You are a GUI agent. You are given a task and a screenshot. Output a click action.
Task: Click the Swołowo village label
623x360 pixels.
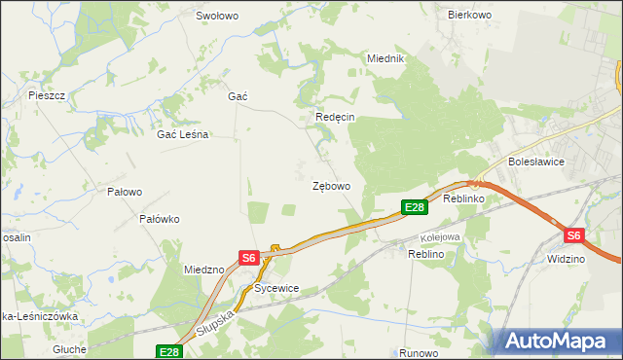tap(217, 16)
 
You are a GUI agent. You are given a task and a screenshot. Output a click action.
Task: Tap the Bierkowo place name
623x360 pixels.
tap(467, 15)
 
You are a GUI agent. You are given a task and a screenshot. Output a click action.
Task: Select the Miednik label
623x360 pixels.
tap(385, 58)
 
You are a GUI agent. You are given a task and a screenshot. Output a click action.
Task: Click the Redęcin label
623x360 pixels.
tap(335, 117)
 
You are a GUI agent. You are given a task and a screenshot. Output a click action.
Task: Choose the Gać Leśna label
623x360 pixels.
tap(183, 135)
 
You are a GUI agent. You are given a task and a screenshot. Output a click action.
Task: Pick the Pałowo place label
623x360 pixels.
tap(125, 192)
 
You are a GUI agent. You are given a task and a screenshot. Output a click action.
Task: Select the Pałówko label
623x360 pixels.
tap(160, 219)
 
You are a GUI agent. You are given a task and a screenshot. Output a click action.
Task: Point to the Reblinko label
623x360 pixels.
tap(463, 198)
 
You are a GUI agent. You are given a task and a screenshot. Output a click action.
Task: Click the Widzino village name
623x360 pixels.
tap(566, 260)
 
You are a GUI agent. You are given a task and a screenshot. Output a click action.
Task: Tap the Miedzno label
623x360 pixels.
tap(204, 270)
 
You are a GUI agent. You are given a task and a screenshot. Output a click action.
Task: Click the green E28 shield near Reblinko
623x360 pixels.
tap(414, 207)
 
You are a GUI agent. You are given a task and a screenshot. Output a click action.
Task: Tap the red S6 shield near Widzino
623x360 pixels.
tap(573, 235)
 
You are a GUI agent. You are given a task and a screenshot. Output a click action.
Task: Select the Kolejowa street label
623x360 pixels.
tap(439, 236)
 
